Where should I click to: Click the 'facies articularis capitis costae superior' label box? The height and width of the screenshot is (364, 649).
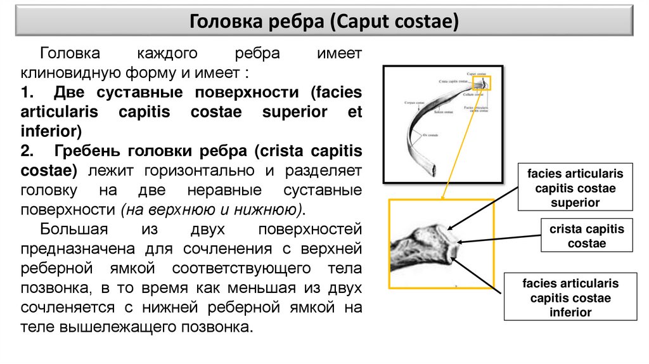(x=575, y=188)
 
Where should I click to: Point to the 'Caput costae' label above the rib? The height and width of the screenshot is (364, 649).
(x=475, y=72)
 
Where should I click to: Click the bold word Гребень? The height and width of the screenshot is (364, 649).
(x=89, y=151)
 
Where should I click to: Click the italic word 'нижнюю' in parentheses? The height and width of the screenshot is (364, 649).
(x=268, y=209)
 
